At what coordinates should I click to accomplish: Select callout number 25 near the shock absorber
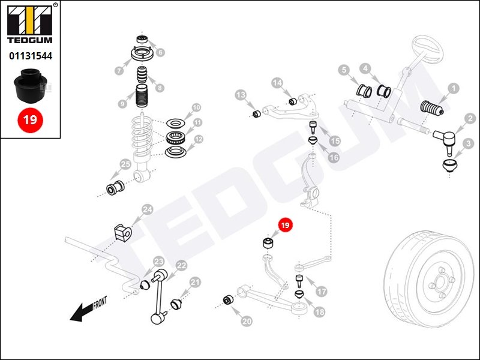tap(125, 164)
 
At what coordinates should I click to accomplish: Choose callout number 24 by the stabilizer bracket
tap(147, 209)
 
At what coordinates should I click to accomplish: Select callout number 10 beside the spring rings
tap(196, 109)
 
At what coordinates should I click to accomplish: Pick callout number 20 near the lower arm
tap(247, 322)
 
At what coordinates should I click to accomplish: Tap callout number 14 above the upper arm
tap(277, 83)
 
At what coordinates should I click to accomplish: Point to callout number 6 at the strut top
tap(160, 52)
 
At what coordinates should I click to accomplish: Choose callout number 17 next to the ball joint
tap(322, 292)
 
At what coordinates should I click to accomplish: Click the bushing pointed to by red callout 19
tap(269, 242)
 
